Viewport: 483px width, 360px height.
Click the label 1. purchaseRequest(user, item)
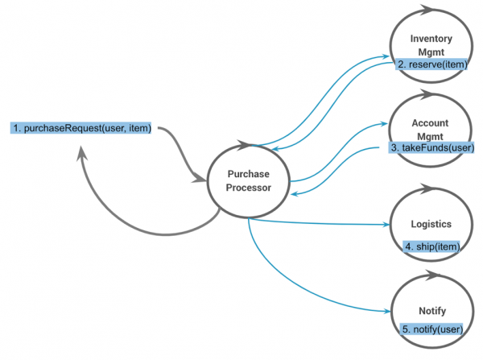(81, 128)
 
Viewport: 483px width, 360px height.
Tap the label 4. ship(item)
(431, 247)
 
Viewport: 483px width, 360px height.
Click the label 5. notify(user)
(431, 329)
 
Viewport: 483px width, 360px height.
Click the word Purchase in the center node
(248, 174)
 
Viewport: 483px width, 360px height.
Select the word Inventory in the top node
(431, 39)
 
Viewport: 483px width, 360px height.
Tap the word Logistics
(430, 225)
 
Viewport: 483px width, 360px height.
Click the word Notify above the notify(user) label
(430, 310)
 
